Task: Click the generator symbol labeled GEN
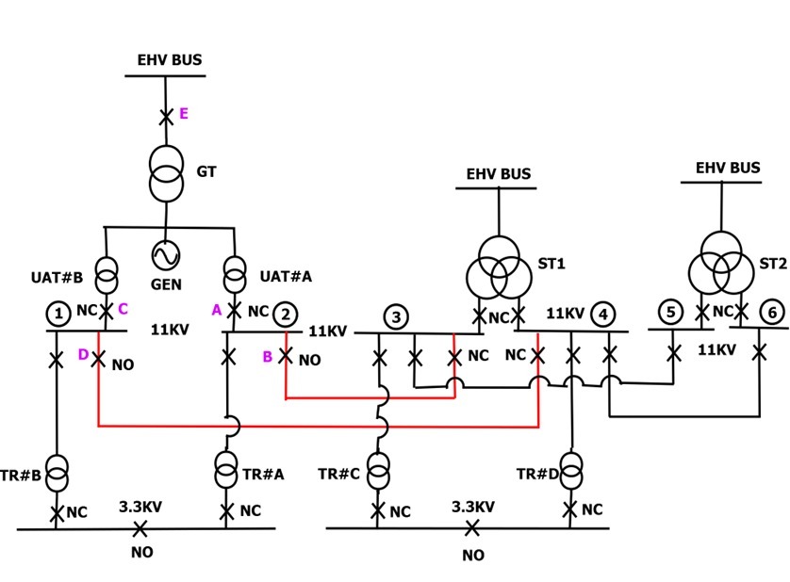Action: click(x=166, y=255)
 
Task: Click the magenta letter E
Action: click(x=184, y=114)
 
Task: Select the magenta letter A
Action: click(x=216, y=309)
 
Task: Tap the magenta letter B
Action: click(x=267, y=357)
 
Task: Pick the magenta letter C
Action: click(x=123, y=308)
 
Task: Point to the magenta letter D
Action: click(x=83, y=355)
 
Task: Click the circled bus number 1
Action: click(x=58, y=313)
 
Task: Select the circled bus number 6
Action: click(x=772, y=312)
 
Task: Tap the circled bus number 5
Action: click(x=669, y=312)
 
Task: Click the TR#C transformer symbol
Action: click(x=378, y=471)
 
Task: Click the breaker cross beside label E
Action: click(x=166, y=117)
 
